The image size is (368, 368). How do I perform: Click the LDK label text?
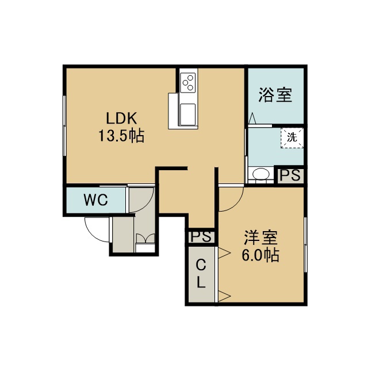click(x=121, y=118)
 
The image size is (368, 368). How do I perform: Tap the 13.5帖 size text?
click(x=121, y=136)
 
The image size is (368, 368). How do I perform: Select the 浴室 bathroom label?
click(x=275, y=95)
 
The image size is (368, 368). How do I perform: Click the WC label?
click(x=96, y=200)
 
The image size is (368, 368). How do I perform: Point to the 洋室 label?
click(x=260, y=237)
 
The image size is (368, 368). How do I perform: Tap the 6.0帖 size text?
click(x=260, y=255)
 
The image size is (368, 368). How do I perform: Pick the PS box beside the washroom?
click(x=290, y=175)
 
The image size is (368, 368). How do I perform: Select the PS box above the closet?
click(x=201, y=236)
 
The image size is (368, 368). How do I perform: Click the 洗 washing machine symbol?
click(x=292, y=137)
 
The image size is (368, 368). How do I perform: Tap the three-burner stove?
click(x=188, y=82)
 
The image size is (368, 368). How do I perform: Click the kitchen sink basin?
click(x=187, y=114)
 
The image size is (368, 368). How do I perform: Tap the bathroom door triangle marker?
click(x=252, y=118)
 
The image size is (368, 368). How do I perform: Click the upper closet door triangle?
click(x=224, y=253)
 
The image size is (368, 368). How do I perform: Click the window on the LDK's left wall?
click(x=64, y=125)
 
